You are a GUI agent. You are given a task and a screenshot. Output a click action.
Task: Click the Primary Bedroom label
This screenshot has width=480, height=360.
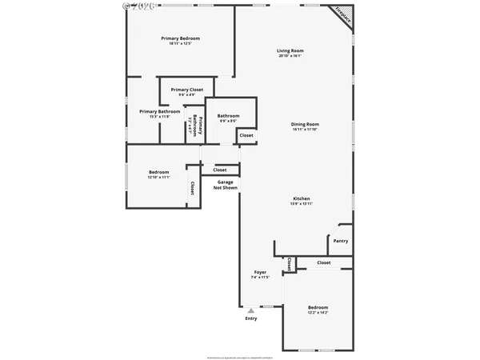(x=180, y=38)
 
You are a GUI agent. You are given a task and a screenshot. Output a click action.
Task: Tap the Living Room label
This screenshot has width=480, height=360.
(x=290, y=50)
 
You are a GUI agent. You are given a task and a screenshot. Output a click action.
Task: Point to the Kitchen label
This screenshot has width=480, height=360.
(x=301, y=198)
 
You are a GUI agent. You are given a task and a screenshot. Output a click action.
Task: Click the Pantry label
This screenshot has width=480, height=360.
(x=340, y=241)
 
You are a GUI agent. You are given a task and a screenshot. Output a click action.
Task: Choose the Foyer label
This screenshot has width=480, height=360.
(x=260, y=272)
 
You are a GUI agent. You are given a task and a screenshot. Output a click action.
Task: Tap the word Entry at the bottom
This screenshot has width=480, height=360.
(x=251, y=319)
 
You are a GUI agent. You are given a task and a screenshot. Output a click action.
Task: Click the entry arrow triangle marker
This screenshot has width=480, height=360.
(x=251, y=310)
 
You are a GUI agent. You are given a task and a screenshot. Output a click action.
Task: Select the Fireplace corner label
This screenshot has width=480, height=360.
(x=344, y=14)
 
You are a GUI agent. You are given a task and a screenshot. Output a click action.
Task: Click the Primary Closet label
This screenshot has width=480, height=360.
(x=187, y=90)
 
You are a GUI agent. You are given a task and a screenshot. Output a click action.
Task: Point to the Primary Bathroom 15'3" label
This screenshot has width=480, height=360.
(x=160, y=111)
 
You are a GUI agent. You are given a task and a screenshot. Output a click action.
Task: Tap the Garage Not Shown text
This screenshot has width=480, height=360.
(x=226, y=185)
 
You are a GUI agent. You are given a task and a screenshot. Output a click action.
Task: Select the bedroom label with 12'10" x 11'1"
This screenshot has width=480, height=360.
(x=158, y=173)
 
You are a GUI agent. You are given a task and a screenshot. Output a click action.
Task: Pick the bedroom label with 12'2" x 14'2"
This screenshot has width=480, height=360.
(x=318, y=308)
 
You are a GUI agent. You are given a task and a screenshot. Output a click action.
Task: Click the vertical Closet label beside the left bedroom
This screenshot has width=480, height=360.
(x=192, y=188)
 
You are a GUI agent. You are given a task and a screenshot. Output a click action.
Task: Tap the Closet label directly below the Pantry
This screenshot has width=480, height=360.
(x=323, y=262)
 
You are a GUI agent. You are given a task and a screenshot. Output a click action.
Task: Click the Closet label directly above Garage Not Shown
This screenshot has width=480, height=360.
(x=220, y=170)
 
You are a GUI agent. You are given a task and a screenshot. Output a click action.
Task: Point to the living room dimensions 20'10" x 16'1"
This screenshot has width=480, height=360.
(x=290, y=56)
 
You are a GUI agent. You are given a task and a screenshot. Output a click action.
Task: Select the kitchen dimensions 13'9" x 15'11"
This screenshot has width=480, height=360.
(x=301, y=204)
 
